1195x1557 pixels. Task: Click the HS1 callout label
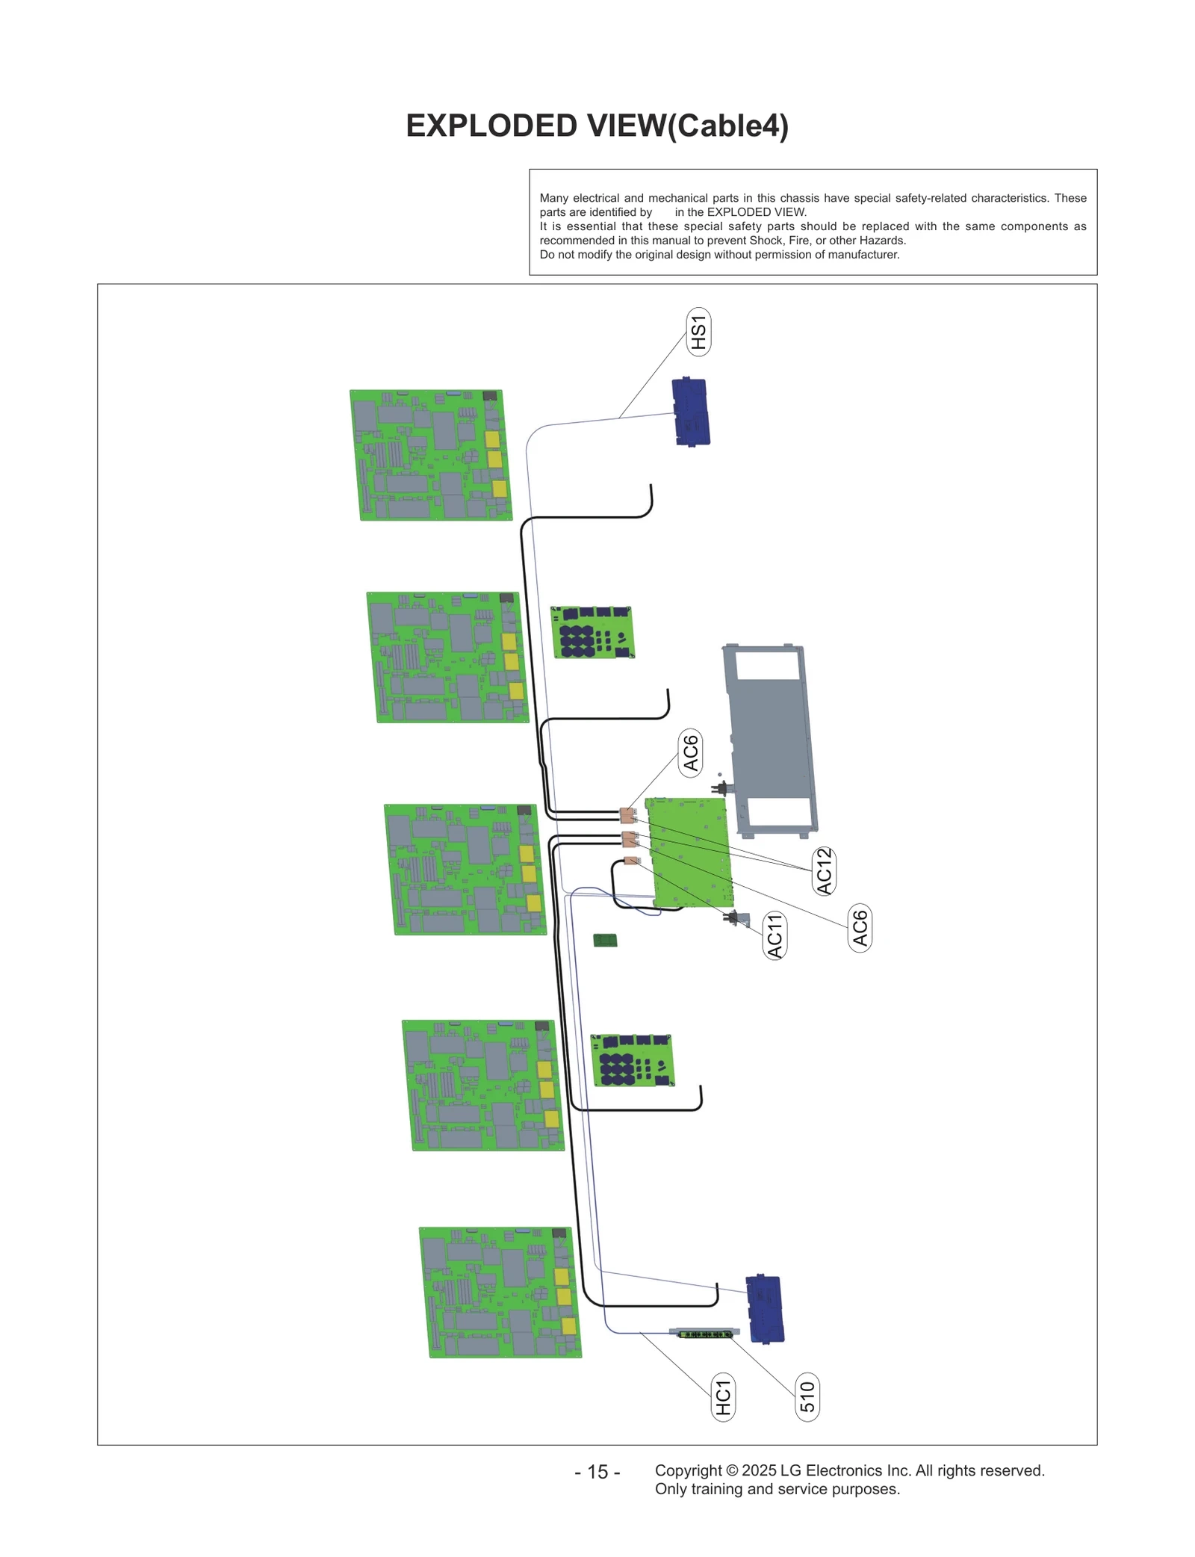(698, 332)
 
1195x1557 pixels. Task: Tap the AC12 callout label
(824, 870)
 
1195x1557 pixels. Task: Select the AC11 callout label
(775, 935)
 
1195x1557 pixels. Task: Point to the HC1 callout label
(723, 1397)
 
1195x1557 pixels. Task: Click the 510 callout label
(807, 1397)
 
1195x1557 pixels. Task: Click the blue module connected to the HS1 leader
(691, 412)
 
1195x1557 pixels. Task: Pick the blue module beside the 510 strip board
(765, 1309)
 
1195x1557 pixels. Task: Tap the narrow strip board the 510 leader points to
(704, 1332)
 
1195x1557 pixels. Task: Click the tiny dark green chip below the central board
(605, 940)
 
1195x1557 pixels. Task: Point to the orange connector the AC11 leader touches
(631, 861)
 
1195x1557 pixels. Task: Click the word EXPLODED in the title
(491, 126)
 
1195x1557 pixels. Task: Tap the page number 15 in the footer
(597, 1472)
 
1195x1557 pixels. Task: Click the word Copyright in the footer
(688, 1470)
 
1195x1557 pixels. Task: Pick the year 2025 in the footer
(759, 1470)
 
